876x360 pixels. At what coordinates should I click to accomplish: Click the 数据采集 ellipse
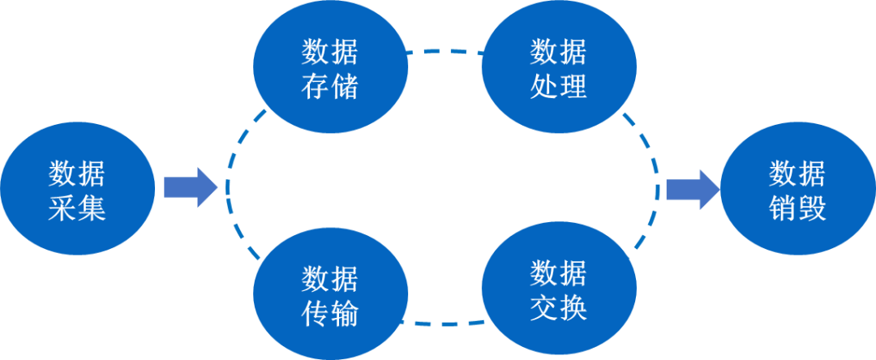(x=77, y=191)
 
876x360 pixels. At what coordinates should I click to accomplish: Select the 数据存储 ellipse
(x=330, y=69)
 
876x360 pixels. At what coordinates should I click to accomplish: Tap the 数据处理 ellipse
(x=558, y=69)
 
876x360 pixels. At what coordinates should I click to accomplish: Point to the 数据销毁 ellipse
(x=797, y=191)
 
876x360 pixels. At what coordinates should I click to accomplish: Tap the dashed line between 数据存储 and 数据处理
(x=444, y=53)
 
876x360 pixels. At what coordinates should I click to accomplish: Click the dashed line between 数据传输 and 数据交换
(x=444, y=323)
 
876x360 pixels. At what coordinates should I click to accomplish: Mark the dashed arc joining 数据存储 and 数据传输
(x=228, y=188)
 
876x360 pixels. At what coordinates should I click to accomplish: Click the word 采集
(x=77, y=209)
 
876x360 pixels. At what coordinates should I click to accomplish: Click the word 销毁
(x=797, y=209)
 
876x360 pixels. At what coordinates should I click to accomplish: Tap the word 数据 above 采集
(x=77, y=174)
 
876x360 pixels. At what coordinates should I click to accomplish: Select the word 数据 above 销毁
(x=797, y=174)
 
